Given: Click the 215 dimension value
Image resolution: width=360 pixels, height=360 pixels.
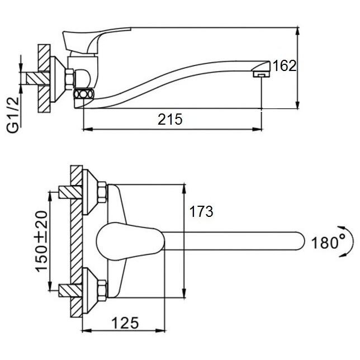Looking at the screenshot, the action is click(x=170, y=120).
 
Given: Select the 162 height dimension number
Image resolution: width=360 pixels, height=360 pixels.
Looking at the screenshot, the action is click(x=284, y=65).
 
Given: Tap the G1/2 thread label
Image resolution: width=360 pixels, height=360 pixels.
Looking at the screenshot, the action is click(x=13, y=115).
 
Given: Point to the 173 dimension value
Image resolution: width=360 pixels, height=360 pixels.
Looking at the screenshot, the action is click(x=201, y=211).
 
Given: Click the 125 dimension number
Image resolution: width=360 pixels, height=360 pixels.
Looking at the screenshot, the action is click(x=125, y=323).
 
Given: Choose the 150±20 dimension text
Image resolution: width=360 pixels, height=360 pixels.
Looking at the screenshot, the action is click(x=41, y=241).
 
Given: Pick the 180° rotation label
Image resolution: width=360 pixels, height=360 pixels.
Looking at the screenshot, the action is click(x=328, y=242).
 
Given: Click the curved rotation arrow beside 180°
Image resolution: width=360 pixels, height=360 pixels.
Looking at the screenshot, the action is click(x=351, y=241).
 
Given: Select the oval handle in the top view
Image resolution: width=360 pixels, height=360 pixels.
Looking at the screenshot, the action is click(x=130, y=241).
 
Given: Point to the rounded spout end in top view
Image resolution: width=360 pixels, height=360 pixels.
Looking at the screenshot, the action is click(x=299, y=241).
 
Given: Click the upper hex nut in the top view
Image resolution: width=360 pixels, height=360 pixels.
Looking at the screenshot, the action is click(x=102, y=192).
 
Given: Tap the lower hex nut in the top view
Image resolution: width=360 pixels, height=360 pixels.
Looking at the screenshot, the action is click(x=102, y=291).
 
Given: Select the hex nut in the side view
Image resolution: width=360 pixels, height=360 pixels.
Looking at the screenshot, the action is click(x=69, y=78).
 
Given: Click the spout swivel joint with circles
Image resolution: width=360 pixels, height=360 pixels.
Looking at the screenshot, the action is click(x=83, y=94).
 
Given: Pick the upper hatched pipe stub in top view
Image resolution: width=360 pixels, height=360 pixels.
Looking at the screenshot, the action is click(x=70, y=192).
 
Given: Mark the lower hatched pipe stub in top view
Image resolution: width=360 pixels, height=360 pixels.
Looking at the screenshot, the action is click(x=70, y=291).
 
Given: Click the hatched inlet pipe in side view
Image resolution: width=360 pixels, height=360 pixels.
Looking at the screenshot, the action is click(x=38, y=78).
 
